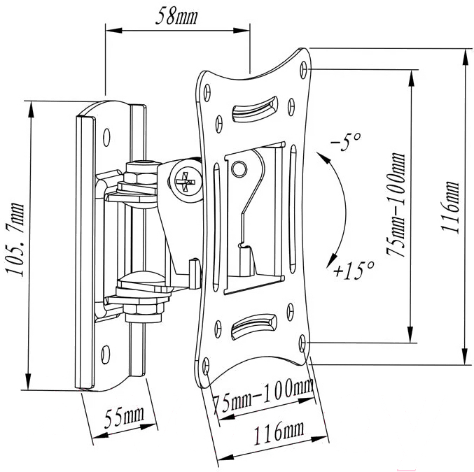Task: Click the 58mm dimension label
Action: click(x=176, y=16)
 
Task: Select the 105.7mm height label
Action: click(x=14, y=239)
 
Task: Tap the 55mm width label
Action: click(x=124, y=417)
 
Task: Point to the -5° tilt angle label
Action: click(x=346, y=141)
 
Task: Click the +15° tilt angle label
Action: click(x=354, y=270)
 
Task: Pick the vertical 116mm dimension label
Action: click(x=450, y=207)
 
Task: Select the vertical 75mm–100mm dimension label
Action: click(x=396, y=205)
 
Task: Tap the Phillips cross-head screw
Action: click(x=186, y=181)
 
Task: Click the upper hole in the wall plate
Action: click(x=106, y=137)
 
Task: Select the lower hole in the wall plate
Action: click(x=105, y=355)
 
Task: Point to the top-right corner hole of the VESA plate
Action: click(x=303, y=70)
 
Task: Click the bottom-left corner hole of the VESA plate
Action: click(x=206, y=366)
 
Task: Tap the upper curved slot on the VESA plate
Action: click(x=255, y=109)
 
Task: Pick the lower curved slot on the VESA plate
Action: click(x=254, y=326)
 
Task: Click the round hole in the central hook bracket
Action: click(x=239, y=169)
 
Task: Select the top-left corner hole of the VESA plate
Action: click(x=207, y=92)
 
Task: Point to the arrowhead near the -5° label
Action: click(x=323, y=157)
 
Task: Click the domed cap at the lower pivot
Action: click(x=141, y=278)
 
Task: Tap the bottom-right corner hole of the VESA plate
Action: click(x=302, y=343)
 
